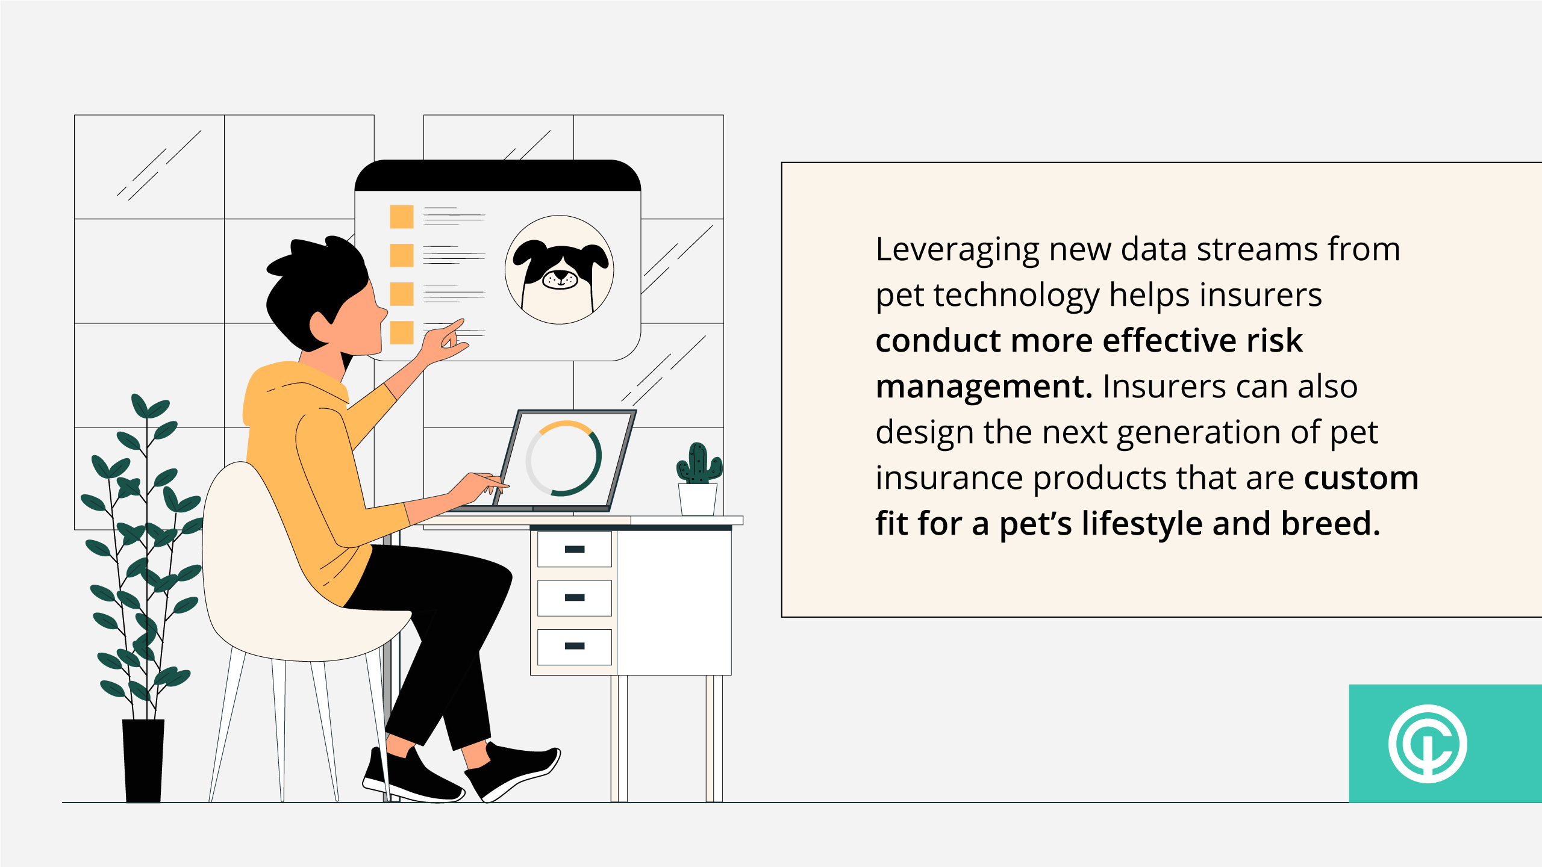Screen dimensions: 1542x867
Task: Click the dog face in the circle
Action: pos(560,271)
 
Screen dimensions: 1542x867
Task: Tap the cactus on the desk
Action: pos(699,463)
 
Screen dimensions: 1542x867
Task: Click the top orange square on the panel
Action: pos(402,217)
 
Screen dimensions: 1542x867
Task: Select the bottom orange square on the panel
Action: pos(402,332)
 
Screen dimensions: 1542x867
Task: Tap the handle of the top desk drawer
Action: pos(575,549)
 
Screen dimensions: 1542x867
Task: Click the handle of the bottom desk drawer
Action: pos(575,646)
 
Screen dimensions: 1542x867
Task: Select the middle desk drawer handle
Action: pos(575,597)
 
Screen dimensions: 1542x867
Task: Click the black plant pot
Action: pos(143,760)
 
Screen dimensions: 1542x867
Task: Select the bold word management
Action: pos(984,387)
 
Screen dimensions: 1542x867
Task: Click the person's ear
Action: pos(320,326)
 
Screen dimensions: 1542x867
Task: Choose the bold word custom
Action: pos(1361,478)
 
